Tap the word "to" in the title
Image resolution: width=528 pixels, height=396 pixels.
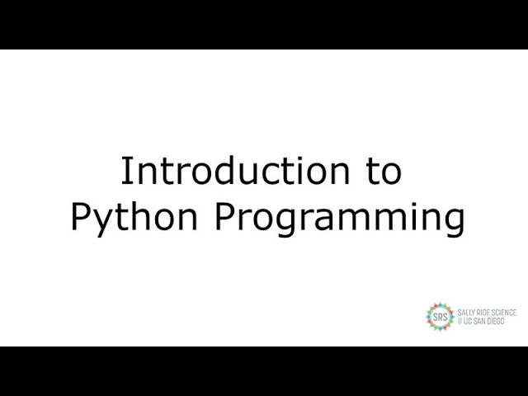tap(383, 172)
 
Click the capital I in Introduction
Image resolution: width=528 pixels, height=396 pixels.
tap(126, 172)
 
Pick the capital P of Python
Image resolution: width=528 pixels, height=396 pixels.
tap(81, 218)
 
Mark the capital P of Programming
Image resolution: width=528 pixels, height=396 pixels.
tap(226, 218)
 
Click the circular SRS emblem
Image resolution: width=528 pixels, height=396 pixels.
tap(440, 317)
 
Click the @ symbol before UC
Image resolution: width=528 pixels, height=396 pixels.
tap(460, 321)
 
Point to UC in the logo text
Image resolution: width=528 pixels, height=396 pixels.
tap(467, 321)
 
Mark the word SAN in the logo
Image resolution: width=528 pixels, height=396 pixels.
tap(480, 321)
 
